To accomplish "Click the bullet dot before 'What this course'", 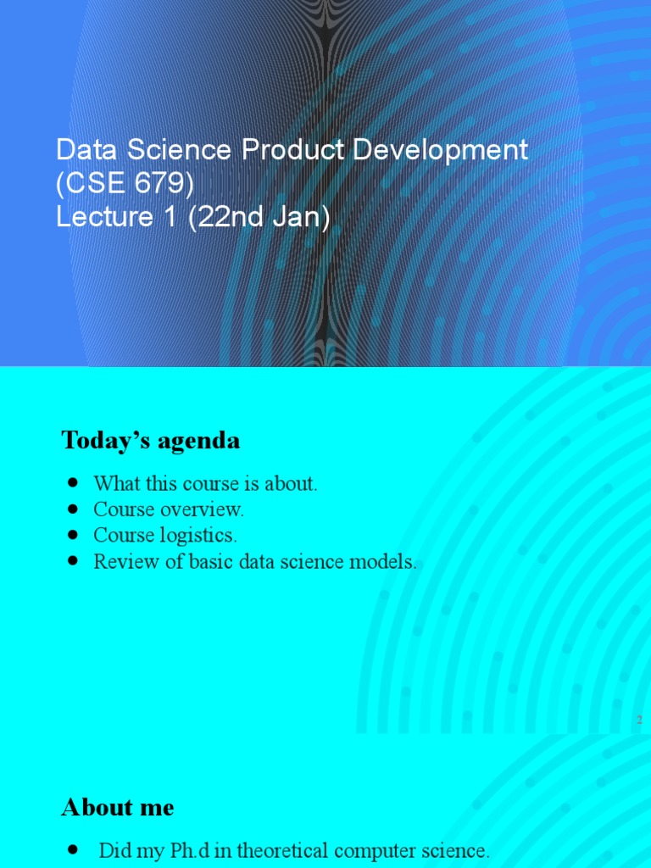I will tap(73, 482).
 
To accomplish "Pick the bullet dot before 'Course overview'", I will tap(73, 509).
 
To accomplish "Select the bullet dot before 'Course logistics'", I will tap(73, 534).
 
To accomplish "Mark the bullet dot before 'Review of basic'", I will tap(73, 560).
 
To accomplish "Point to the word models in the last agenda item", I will tap(385, 562).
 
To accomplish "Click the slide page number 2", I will tap(639, 720).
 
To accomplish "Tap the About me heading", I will tap(118, 808).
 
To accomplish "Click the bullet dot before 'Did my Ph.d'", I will tap(73, 849).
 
